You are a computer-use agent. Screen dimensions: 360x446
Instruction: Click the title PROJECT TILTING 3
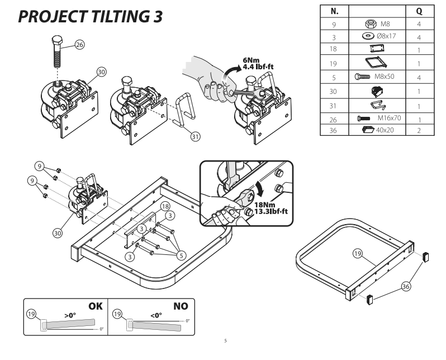coord(91,17)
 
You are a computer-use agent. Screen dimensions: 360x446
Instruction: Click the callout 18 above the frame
coord(165,206)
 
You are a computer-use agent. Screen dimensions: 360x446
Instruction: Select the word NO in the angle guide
coord(181,306)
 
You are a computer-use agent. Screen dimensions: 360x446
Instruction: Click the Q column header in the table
coord(417,11)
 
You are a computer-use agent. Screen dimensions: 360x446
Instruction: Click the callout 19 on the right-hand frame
coord(358,254)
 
